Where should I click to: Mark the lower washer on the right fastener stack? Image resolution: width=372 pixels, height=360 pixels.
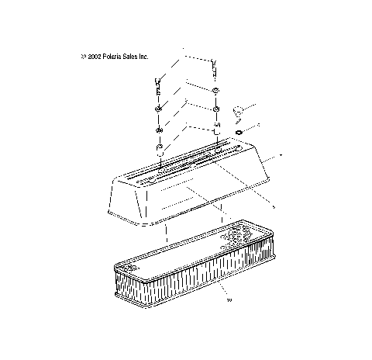[x=215, y=108]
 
